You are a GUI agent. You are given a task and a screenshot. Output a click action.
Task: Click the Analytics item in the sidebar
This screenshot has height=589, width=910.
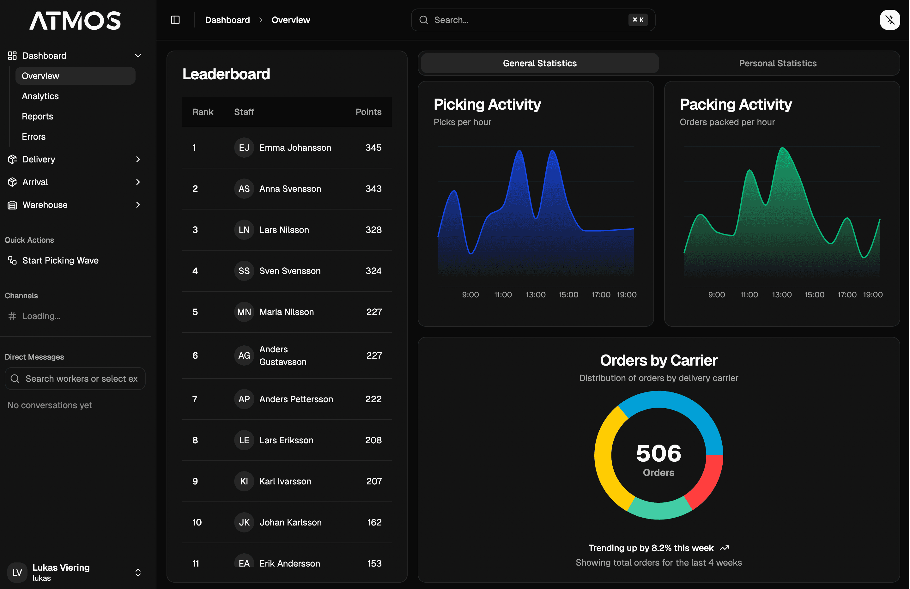40,96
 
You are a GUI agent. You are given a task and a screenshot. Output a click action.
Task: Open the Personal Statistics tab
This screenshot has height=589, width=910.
777,63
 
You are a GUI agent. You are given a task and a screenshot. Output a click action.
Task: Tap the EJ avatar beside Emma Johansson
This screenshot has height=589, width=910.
244,148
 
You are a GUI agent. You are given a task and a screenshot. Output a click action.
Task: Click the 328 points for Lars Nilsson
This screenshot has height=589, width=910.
373,229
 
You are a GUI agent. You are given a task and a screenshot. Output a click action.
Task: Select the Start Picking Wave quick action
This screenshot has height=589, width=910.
60,260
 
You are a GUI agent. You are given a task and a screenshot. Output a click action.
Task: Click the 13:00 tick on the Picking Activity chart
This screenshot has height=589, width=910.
535,294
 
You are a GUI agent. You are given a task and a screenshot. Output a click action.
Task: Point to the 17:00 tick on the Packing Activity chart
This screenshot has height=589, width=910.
846,294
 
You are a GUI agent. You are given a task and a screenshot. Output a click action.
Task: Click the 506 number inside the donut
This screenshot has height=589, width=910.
658,453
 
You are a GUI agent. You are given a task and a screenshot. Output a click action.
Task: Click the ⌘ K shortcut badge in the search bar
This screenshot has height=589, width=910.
638,20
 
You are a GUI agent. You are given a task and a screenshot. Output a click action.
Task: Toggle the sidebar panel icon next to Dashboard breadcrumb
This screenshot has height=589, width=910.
175,20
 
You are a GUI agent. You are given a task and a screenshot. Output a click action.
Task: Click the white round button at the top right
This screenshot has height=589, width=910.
890,20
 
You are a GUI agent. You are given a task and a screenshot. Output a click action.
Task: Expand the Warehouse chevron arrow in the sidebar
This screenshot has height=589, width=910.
138,205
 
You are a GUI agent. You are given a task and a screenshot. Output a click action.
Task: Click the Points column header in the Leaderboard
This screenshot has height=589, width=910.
368,112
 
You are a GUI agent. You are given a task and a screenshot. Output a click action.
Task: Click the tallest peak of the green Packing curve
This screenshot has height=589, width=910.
782,149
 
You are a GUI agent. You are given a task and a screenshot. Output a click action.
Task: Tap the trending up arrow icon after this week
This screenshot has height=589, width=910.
724,548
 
